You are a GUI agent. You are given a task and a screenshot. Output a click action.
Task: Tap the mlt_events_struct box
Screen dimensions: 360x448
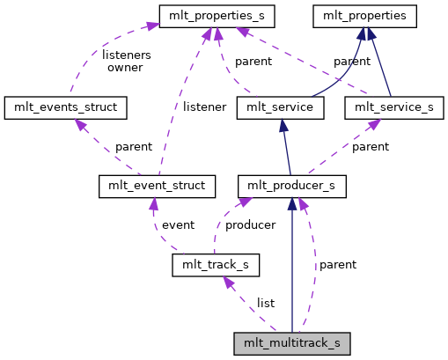(66, 108)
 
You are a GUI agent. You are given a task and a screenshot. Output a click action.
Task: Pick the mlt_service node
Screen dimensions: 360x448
(281, 108)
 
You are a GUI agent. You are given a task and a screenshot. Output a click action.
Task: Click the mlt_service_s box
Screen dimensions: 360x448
(393, 108)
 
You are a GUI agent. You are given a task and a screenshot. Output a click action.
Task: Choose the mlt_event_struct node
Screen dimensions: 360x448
(158, 186)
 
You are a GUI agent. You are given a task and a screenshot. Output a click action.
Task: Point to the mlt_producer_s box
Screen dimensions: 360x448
(292, 186)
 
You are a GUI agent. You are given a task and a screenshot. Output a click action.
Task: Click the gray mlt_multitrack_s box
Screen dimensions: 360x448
(292, 342)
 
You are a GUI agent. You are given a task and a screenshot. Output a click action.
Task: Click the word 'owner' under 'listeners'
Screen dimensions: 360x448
(125, 67)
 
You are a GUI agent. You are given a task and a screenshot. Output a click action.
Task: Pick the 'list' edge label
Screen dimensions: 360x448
(265, 303)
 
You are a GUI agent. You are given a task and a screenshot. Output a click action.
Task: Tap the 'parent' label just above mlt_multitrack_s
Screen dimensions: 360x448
(337, 264)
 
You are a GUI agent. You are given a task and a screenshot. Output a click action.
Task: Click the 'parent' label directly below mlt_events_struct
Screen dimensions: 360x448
(133, 146)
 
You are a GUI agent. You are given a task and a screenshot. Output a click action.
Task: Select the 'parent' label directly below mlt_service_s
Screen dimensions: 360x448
(371, 146)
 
